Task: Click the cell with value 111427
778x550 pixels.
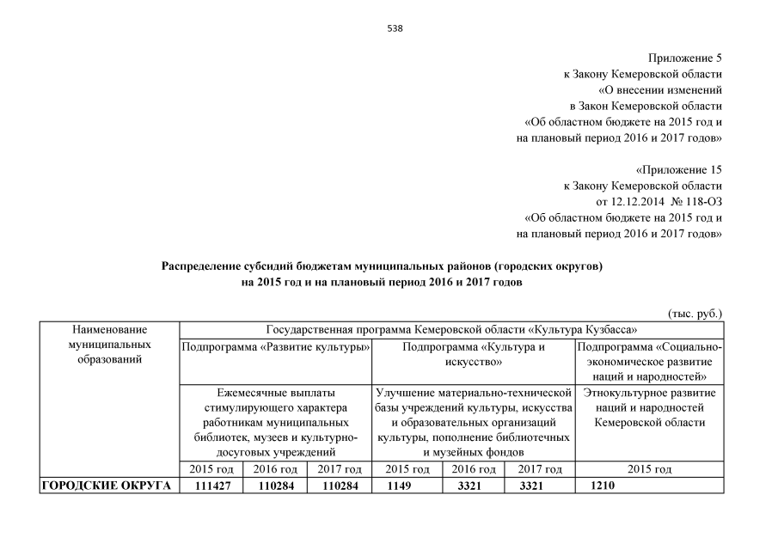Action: click(211, 486)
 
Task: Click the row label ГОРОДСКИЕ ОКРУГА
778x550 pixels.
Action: click(105, 486)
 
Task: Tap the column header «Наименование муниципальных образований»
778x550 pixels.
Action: click(109, 344)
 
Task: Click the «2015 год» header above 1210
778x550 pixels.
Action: click(649, 469)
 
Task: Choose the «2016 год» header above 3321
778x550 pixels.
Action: click(474, 469)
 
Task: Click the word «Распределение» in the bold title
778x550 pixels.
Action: click(203, 266)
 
